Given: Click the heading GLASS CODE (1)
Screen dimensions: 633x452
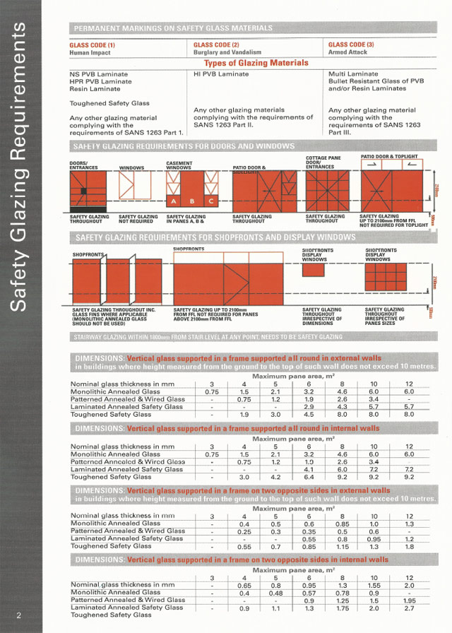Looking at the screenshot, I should pos(93,45).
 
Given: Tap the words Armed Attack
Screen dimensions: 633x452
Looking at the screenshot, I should pos(347,52).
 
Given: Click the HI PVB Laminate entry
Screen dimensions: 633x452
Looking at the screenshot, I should pos(221,74).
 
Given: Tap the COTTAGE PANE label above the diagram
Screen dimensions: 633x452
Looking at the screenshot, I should pos(323,158).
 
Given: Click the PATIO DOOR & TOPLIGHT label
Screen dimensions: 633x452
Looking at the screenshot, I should pos(389,157).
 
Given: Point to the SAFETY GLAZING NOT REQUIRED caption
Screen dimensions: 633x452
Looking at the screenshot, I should pos(138,219).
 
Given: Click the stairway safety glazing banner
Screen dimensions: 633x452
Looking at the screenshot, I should pos(208,337).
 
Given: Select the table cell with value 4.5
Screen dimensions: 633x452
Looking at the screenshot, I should pos(309,415).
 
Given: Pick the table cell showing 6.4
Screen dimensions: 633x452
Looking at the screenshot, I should pos(309,477).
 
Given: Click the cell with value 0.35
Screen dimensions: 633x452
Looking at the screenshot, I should pos(309,531).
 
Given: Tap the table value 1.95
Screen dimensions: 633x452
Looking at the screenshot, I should pos(409,600).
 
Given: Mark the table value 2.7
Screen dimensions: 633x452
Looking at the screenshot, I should pos(409,608).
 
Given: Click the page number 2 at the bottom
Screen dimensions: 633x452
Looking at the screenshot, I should pos(19,615).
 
